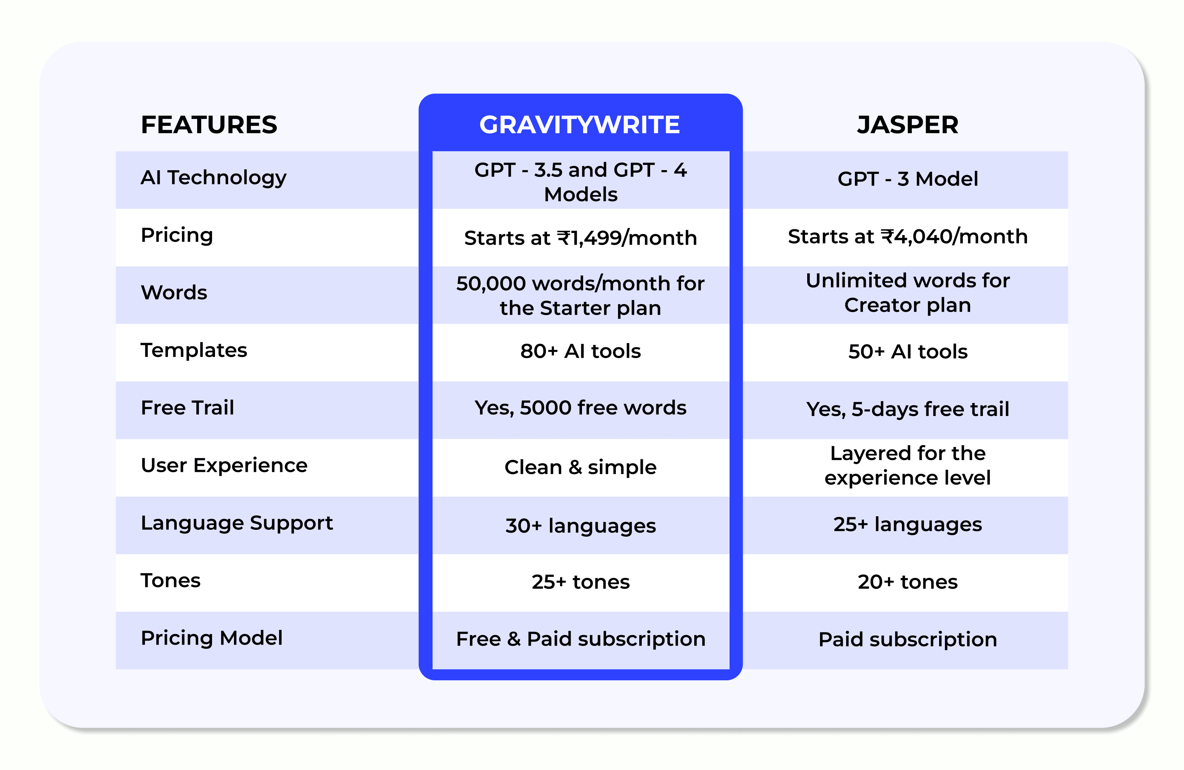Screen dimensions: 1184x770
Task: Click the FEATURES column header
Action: (x=209, y=124)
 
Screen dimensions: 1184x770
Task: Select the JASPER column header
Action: (x=907, y=124)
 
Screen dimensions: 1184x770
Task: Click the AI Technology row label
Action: (x=214, y=178)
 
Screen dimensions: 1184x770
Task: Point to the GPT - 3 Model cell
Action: (x=907, y=179)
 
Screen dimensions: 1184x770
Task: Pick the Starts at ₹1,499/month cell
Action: (x=580, y=238)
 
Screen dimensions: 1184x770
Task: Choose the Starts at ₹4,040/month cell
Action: (x=907, y=236)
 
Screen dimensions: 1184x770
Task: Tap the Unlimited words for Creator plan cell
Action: (x=907, y=293)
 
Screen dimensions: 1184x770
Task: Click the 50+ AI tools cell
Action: (x=907, y=352)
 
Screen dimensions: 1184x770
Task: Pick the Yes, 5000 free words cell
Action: (x=580, y=408)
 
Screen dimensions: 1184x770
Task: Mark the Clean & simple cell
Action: (x=580, y=467)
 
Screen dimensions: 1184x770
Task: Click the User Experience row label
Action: (x=224, y=465)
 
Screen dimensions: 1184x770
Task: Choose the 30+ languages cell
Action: (x=580, y=526)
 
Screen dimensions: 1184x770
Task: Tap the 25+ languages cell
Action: (x=907, y=525)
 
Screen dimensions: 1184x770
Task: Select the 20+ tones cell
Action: (x=907, y=582)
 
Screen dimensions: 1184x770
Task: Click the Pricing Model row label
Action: (x=211, y=638)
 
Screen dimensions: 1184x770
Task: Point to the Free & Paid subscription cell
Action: (x=580, y=639)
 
